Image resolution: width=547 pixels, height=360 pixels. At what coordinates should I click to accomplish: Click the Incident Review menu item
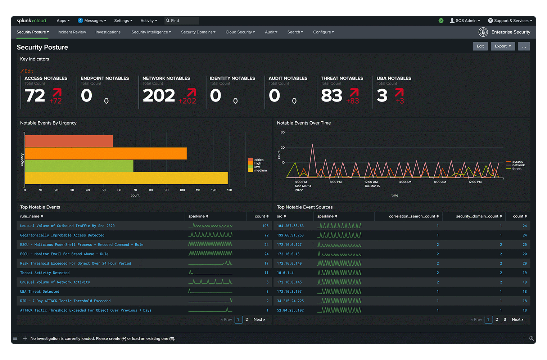point(72,32)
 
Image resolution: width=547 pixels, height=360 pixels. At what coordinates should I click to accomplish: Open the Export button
point(503,46)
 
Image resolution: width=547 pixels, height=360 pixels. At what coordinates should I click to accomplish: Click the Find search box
point(182,21)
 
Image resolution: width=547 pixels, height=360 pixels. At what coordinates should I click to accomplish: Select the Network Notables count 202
point(159,95)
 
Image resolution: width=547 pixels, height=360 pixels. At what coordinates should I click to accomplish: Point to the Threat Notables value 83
point(331,95)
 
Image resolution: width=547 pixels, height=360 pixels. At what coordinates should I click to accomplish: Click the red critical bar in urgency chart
point(69,141)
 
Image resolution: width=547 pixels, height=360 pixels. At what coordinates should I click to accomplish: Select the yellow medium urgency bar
point(126,178)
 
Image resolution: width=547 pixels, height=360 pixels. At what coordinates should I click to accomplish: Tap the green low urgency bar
point(79,166)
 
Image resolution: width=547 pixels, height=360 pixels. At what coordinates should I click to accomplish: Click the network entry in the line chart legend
point(518,165)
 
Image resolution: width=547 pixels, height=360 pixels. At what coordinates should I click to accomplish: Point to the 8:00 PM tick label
point(335,182)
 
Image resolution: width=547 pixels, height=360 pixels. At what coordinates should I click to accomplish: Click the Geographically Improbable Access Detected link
point(62,235)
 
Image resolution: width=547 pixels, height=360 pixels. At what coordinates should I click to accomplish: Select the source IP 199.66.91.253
point(290,235)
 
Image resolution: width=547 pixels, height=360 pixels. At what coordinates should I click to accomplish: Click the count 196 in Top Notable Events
point(265,226)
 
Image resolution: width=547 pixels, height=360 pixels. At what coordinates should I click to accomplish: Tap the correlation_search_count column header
point(413,216)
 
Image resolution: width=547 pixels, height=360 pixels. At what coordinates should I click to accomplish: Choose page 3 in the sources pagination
point(505,319)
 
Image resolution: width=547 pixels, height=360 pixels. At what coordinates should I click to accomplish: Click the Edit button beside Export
point(480,46)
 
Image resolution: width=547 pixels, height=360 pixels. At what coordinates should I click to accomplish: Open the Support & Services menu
point(510,21)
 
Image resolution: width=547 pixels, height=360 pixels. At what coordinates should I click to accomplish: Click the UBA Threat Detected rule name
point(40,292)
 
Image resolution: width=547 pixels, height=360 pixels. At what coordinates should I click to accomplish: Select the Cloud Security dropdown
point(240,32)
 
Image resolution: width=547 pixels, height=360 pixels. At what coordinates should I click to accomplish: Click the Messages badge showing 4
point(81,21)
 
